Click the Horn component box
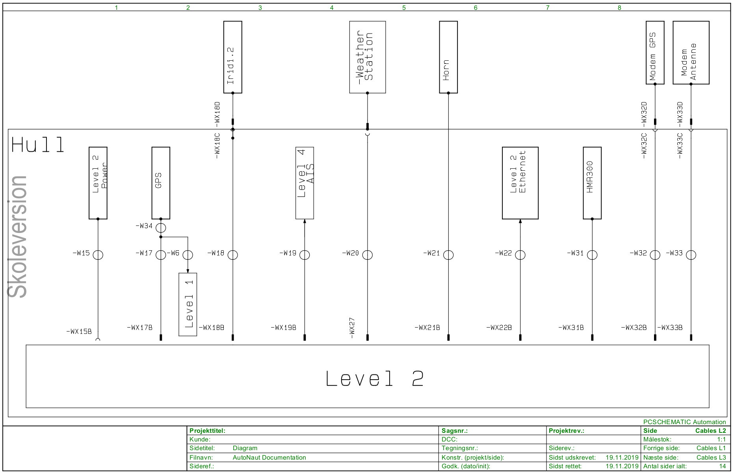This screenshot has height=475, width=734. (x=448, y=57)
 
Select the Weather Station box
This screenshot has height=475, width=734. (x=367, y=57)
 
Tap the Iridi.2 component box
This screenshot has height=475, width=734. (x=232, y=57)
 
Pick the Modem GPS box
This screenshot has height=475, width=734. (x=655, y=52)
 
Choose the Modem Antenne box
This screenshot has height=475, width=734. (x=691, y=52)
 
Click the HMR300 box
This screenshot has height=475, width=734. (x=592, y=183)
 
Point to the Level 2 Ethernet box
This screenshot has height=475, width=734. (x=520, y=183)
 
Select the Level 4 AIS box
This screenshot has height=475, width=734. (x=305, y=183)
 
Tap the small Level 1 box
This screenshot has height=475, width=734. (x=188, y=304)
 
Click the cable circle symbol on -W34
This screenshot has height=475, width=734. (x=161, y=228)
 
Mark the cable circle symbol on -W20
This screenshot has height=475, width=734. (x=367, y=255)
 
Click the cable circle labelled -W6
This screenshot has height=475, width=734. (x=188, y=255)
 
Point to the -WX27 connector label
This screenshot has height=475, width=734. (x=352, y=328)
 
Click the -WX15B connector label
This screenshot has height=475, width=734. (x=79, y=332)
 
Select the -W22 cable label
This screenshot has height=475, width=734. (x=503, y=253)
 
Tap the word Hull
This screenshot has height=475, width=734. (x=38, y=145)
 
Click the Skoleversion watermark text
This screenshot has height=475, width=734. (x=18, y=237)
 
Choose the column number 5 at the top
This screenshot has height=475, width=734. (x=404, y=7)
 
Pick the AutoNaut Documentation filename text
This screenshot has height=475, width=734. (x=269, y=457)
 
